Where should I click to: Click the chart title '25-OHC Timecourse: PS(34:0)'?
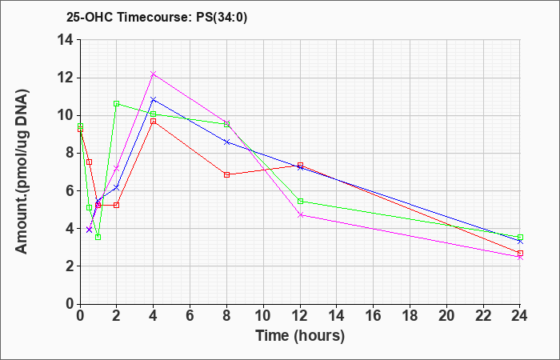point(157,17)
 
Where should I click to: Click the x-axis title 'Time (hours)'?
point(300,336)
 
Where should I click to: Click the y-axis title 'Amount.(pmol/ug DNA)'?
point(22,171)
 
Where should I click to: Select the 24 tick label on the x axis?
point(520,315)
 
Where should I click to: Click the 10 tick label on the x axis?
point(263,315)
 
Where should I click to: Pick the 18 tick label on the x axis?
point(410,315)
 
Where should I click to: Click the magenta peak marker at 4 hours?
point(154,74)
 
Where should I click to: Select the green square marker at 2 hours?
point(117,103)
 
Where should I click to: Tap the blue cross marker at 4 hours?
point(154,99)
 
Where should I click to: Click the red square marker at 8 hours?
point(226,174)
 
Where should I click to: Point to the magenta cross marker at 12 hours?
point(300,215)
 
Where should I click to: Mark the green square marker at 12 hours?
point(300,202)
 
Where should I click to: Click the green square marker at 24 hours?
point(520,237)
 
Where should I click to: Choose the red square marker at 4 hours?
point(154,121)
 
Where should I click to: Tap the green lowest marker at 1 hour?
point(98,237)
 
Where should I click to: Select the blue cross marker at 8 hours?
point(226,142)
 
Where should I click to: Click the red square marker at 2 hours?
point(117,205)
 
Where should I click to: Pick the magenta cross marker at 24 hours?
point(520,257)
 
